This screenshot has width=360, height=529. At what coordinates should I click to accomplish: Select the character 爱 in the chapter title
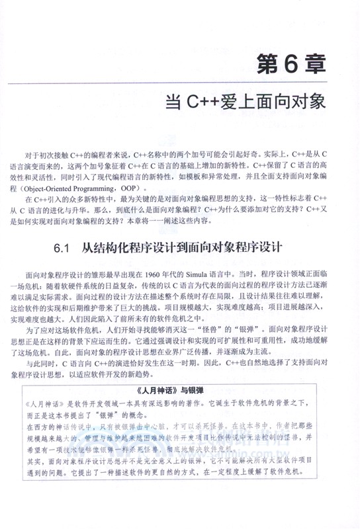point(233,102)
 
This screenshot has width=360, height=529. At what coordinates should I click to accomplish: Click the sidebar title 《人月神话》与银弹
point(181,389)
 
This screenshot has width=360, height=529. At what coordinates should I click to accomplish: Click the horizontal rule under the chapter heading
point(180,84)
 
